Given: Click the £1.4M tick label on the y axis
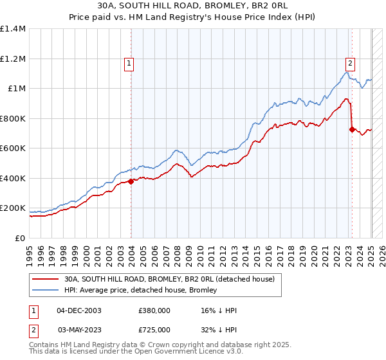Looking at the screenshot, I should (x=13, y=29).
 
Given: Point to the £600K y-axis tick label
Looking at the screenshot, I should (x=13, y=148).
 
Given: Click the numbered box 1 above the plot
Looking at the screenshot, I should (x=130, y=63).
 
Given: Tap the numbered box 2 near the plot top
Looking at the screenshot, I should (x=350, y=63).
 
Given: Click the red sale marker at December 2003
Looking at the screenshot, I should (x=131, y=181).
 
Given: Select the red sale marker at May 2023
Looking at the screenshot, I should (x=352, y=129).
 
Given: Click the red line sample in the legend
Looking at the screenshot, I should (x=47, y=279).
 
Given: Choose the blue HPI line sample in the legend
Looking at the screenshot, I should (x=47, y=290).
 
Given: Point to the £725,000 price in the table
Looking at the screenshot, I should (x=155, y=329).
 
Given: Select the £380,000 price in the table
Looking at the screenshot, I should (x=155, y=310).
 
